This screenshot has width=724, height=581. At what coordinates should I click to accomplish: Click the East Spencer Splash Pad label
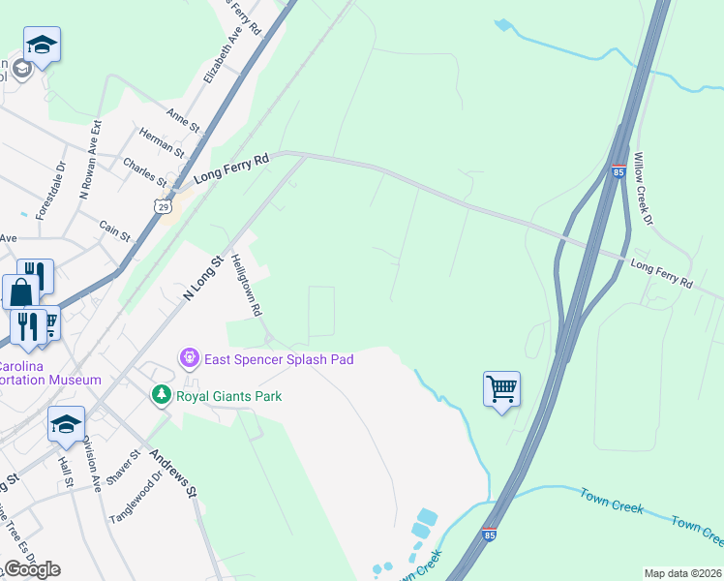click(x=279, y=359)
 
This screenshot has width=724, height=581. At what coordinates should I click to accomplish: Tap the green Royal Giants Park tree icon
click(x=161, y=395)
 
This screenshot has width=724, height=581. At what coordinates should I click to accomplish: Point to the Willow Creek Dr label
click(x=644, y=188)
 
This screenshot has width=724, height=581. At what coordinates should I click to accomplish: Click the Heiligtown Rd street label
click(x=247, y=287)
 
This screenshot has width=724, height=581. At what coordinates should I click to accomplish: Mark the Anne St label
click(x=182, y=119)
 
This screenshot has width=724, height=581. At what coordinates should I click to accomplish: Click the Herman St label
click(x=162, y=141)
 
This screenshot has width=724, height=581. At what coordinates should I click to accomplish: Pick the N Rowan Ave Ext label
click(x=90, y=160)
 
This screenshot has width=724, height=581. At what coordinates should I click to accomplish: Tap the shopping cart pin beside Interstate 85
click(x=501, y=389)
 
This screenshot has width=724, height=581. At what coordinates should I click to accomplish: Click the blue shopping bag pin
click(x=21, y=292)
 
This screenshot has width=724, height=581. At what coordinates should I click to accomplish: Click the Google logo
click(x=31, y=569)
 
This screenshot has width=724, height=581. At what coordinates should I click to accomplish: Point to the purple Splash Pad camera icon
click(x=190, y=359)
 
